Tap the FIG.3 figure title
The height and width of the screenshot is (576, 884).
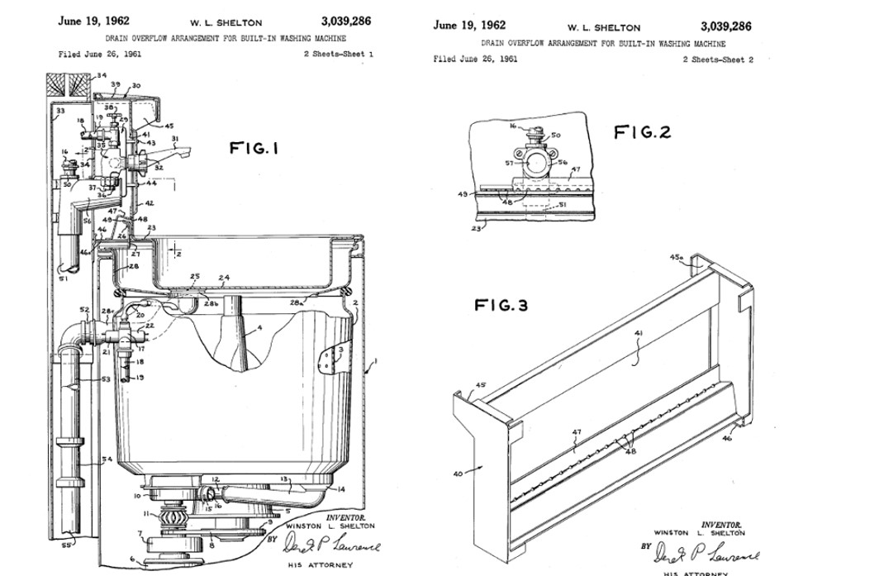(x=501, y=305)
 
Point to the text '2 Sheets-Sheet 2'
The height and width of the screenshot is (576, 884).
(x=717, y=60)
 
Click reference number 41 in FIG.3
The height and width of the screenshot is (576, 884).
(x=638, y=334)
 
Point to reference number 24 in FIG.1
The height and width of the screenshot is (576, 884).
(x=223, y=278)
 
